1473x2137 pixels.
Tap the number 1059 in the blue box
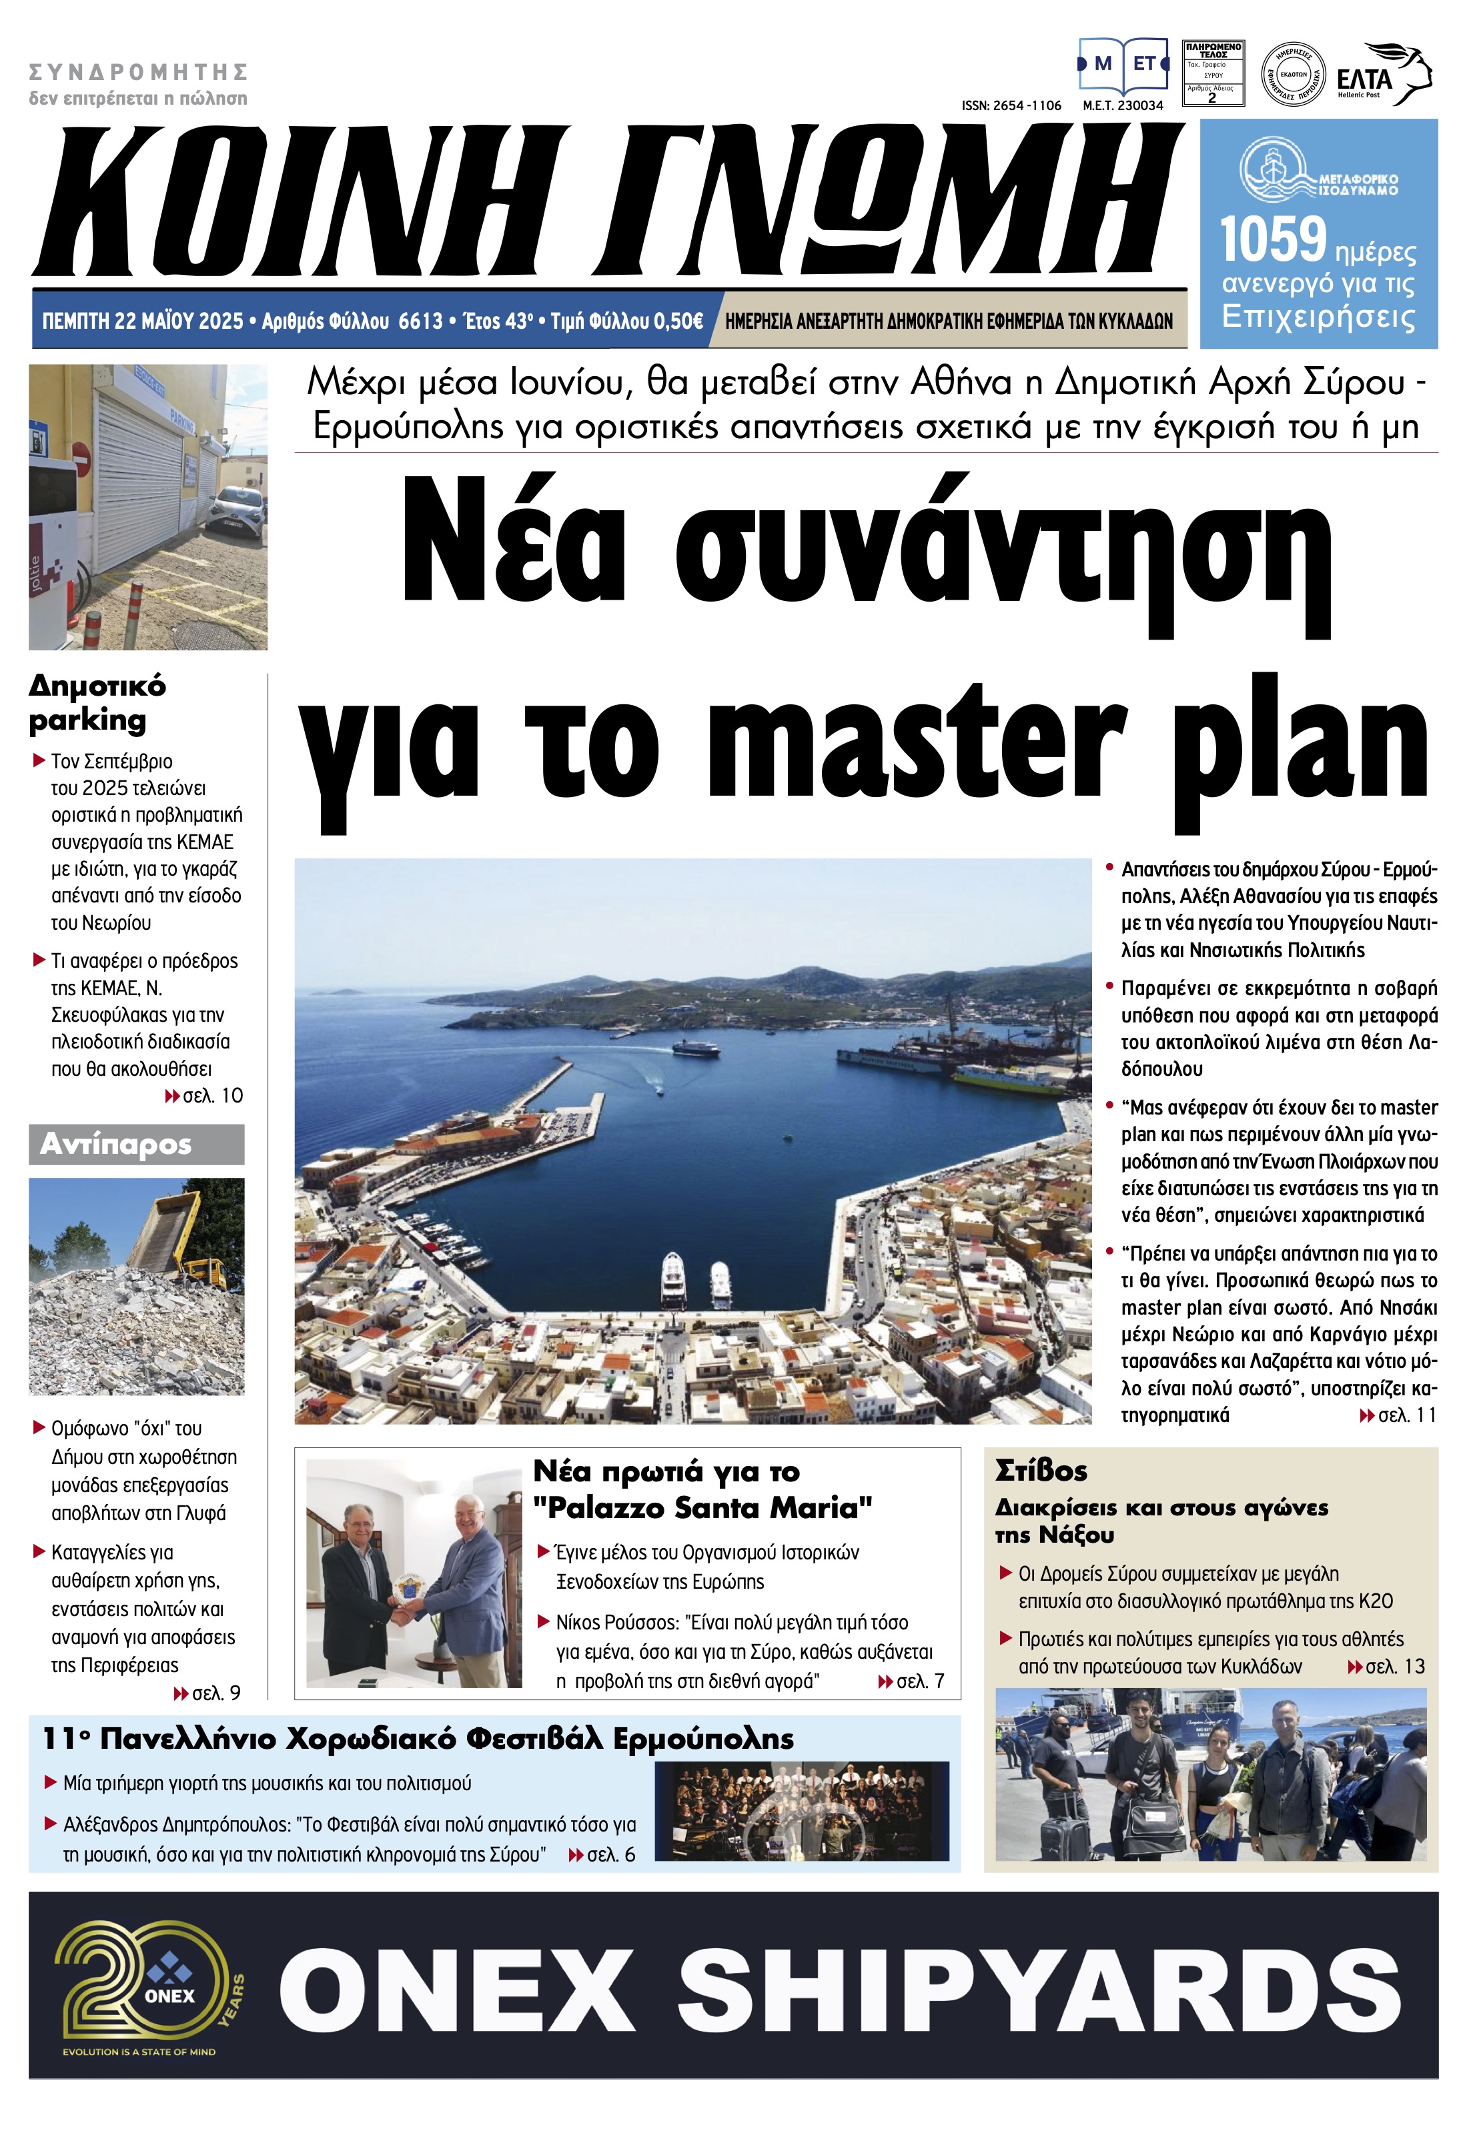pos(1273,240)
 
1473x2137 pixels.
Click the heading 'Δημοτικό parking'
pos(97,703)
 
